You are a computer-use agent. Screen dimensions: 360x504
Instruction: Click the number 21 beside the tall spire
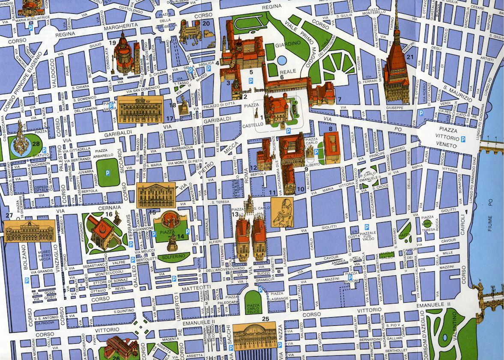pyautogui.click(x=410, y=57)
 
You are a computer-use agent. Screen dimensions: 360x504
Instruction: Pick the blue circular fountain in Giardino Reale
pyautogui.click(x=282, y=60)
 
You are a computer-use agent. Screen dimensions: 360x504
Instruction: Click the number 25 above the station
pyautogui.click(x=265, y=319)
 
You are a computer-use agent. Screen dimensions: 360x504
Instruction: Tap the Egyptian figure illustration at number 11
pyautogui.click(x=282, y=213)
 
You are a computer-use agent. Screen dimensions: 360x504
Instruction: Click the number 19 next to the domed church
pyautogui.click(x=113, y=42)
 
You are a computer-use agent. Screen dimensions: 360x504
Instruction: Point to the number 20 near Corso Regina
pyautogui.click(x=206, y=24)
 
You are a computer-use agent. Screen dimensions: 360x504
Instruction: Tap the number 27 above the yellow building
pyautogui.click(x=9, y=215)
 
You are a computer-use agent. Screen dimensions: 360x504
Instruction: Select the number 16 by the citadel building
pyautogui.click(x=109, y=214)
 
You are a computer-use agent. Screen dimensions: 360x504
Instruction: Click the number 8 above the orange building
pyautogui.click(x=330, y=128)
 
